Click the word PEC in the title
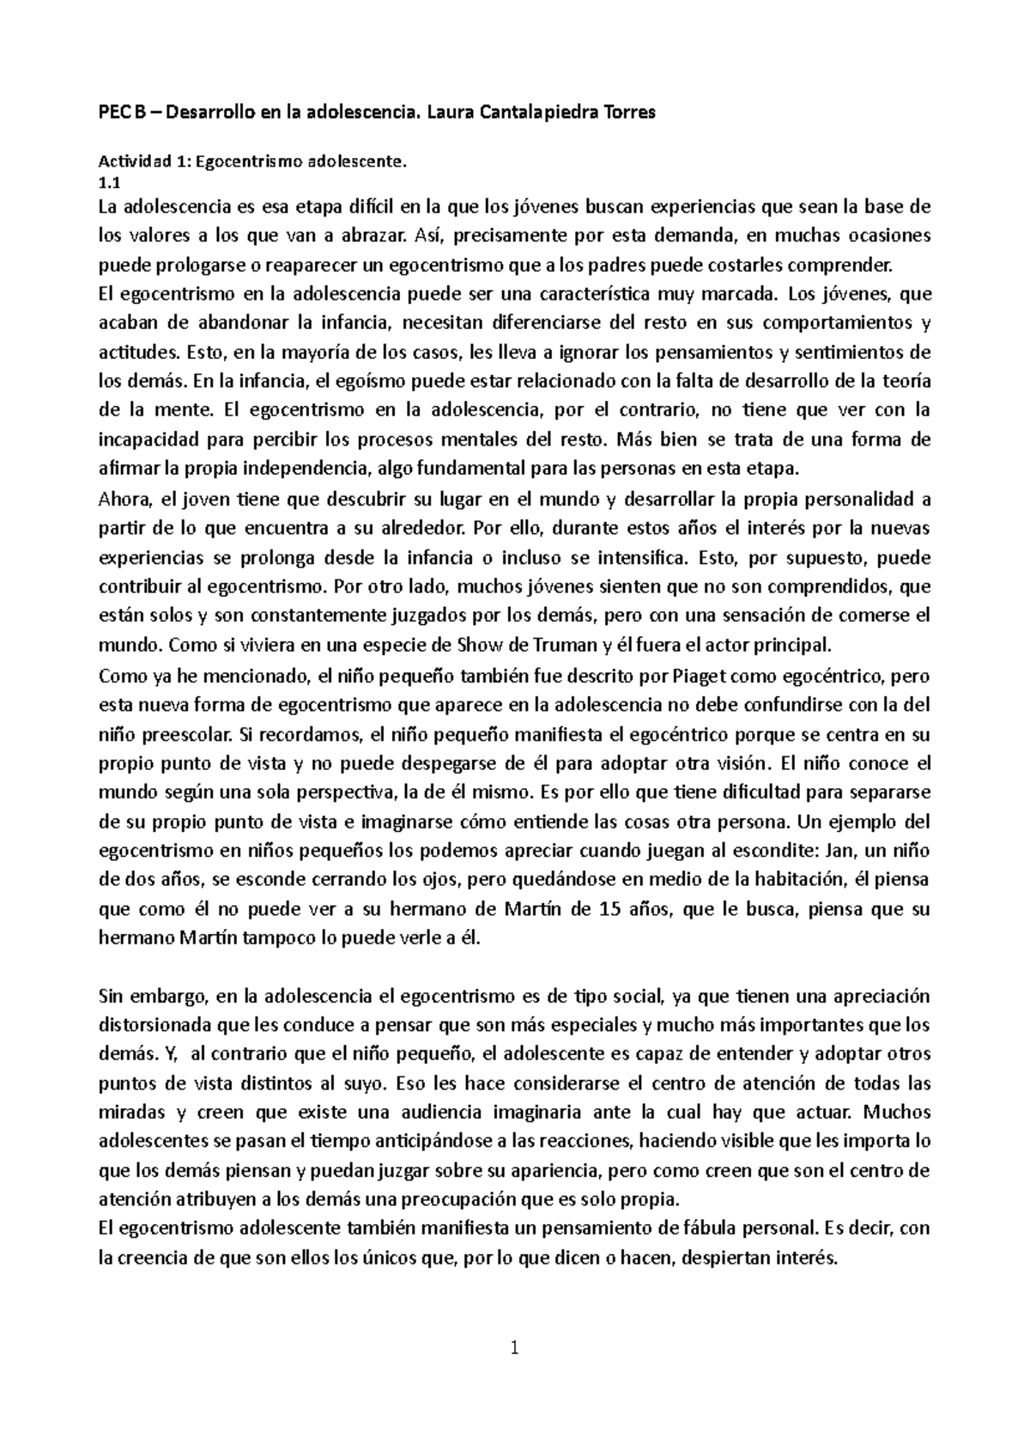coord(113,112)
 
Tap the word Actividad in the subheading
coord(130,161)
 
